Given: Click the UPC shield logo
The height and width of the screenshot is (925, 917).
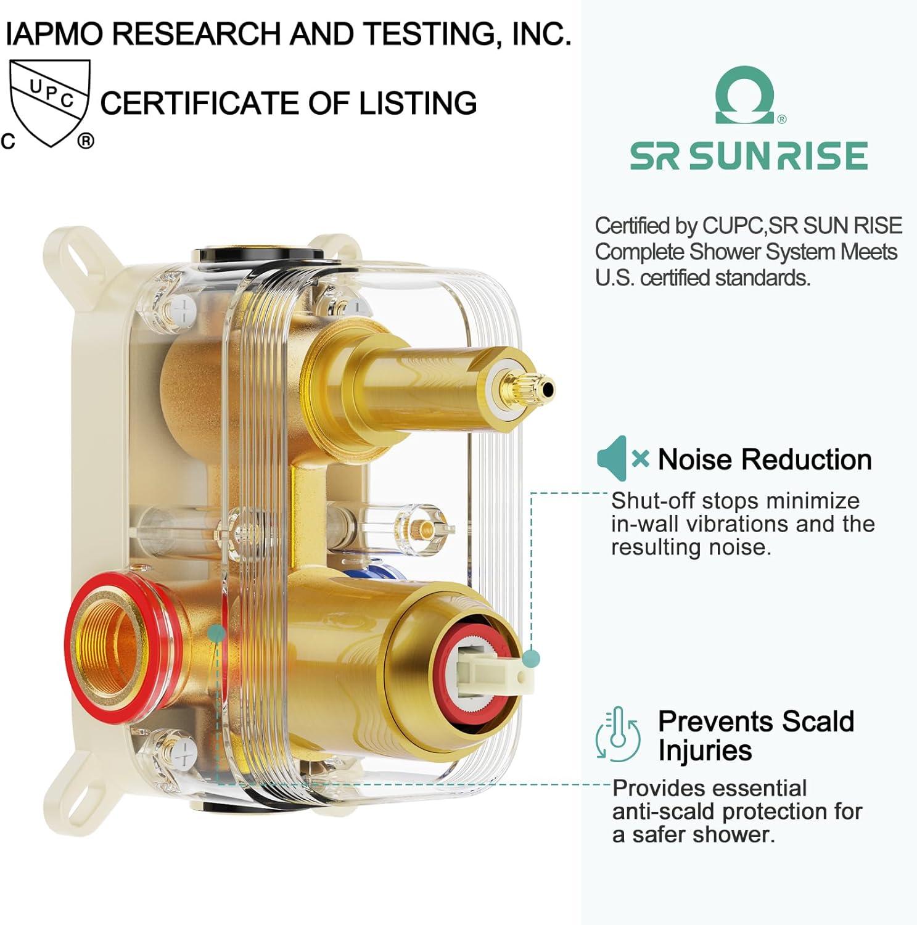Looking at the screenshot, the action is (50, 103).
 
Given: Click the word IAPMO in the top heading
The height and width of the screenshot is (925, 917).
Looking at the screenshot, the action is (57, 33).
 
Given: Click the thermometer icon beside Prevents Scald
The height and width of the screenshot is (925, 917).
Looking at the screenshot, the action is (618, 734).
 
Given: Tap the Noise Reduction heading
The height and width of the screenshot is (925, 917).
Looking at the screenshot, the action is (765, 459).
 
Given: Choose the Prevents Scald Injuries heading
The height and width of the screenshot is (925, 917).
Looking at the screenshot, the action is (756, 736).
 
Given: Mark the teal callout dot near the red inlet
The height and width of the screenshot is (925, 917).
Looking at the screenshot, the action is (216, 633).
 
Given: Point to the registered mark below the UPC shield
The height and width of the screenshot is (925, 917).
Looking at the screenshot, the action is (86, 141).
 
